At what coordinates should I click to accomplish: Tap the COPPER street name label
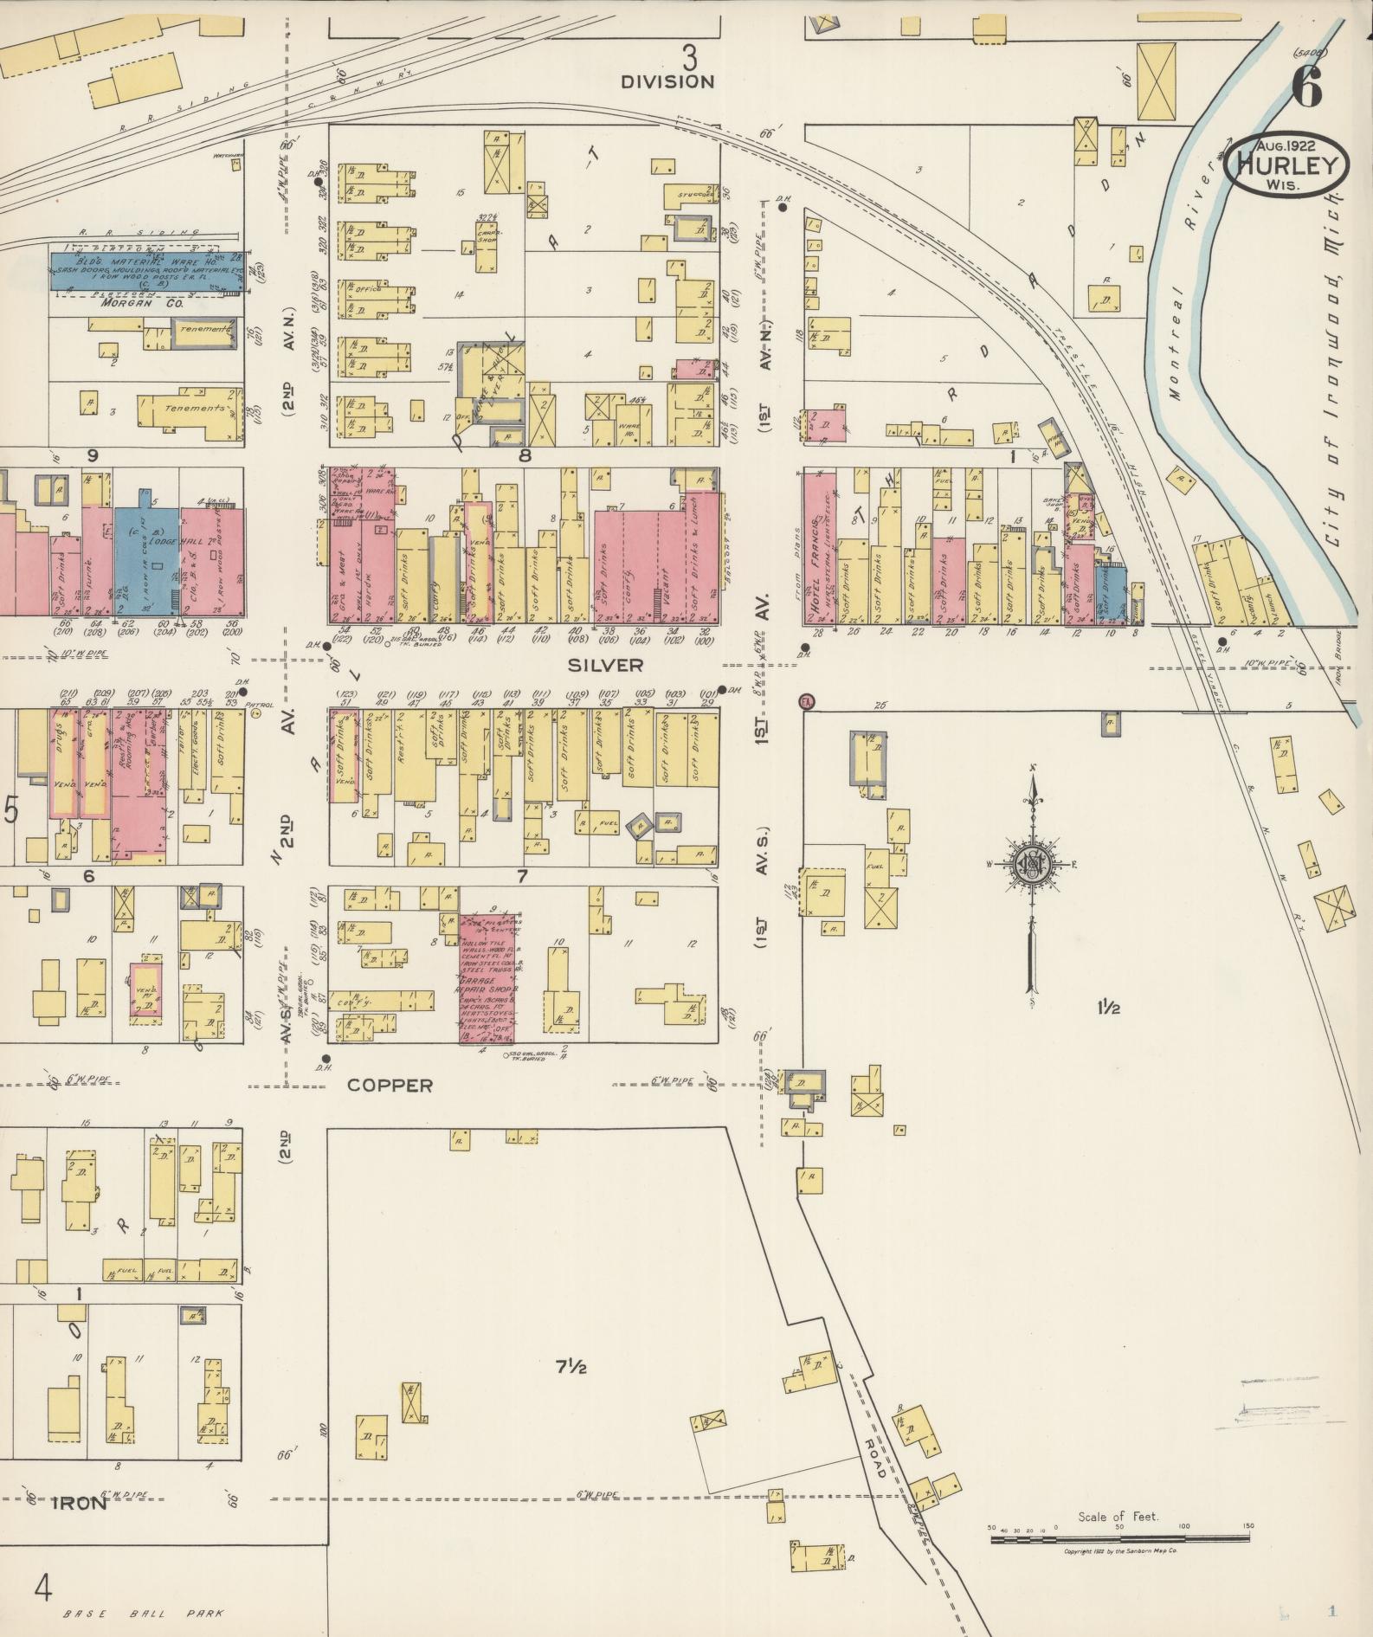point(390,1085)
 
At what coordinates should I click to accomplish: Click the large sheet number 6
point(1305,87)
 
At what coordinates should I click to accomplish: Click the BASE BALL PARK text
point(143,1613)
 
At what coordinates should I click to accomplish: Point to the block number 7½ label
point(571,1368)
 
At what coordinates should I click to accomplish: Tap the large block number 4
point(43,1589)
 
